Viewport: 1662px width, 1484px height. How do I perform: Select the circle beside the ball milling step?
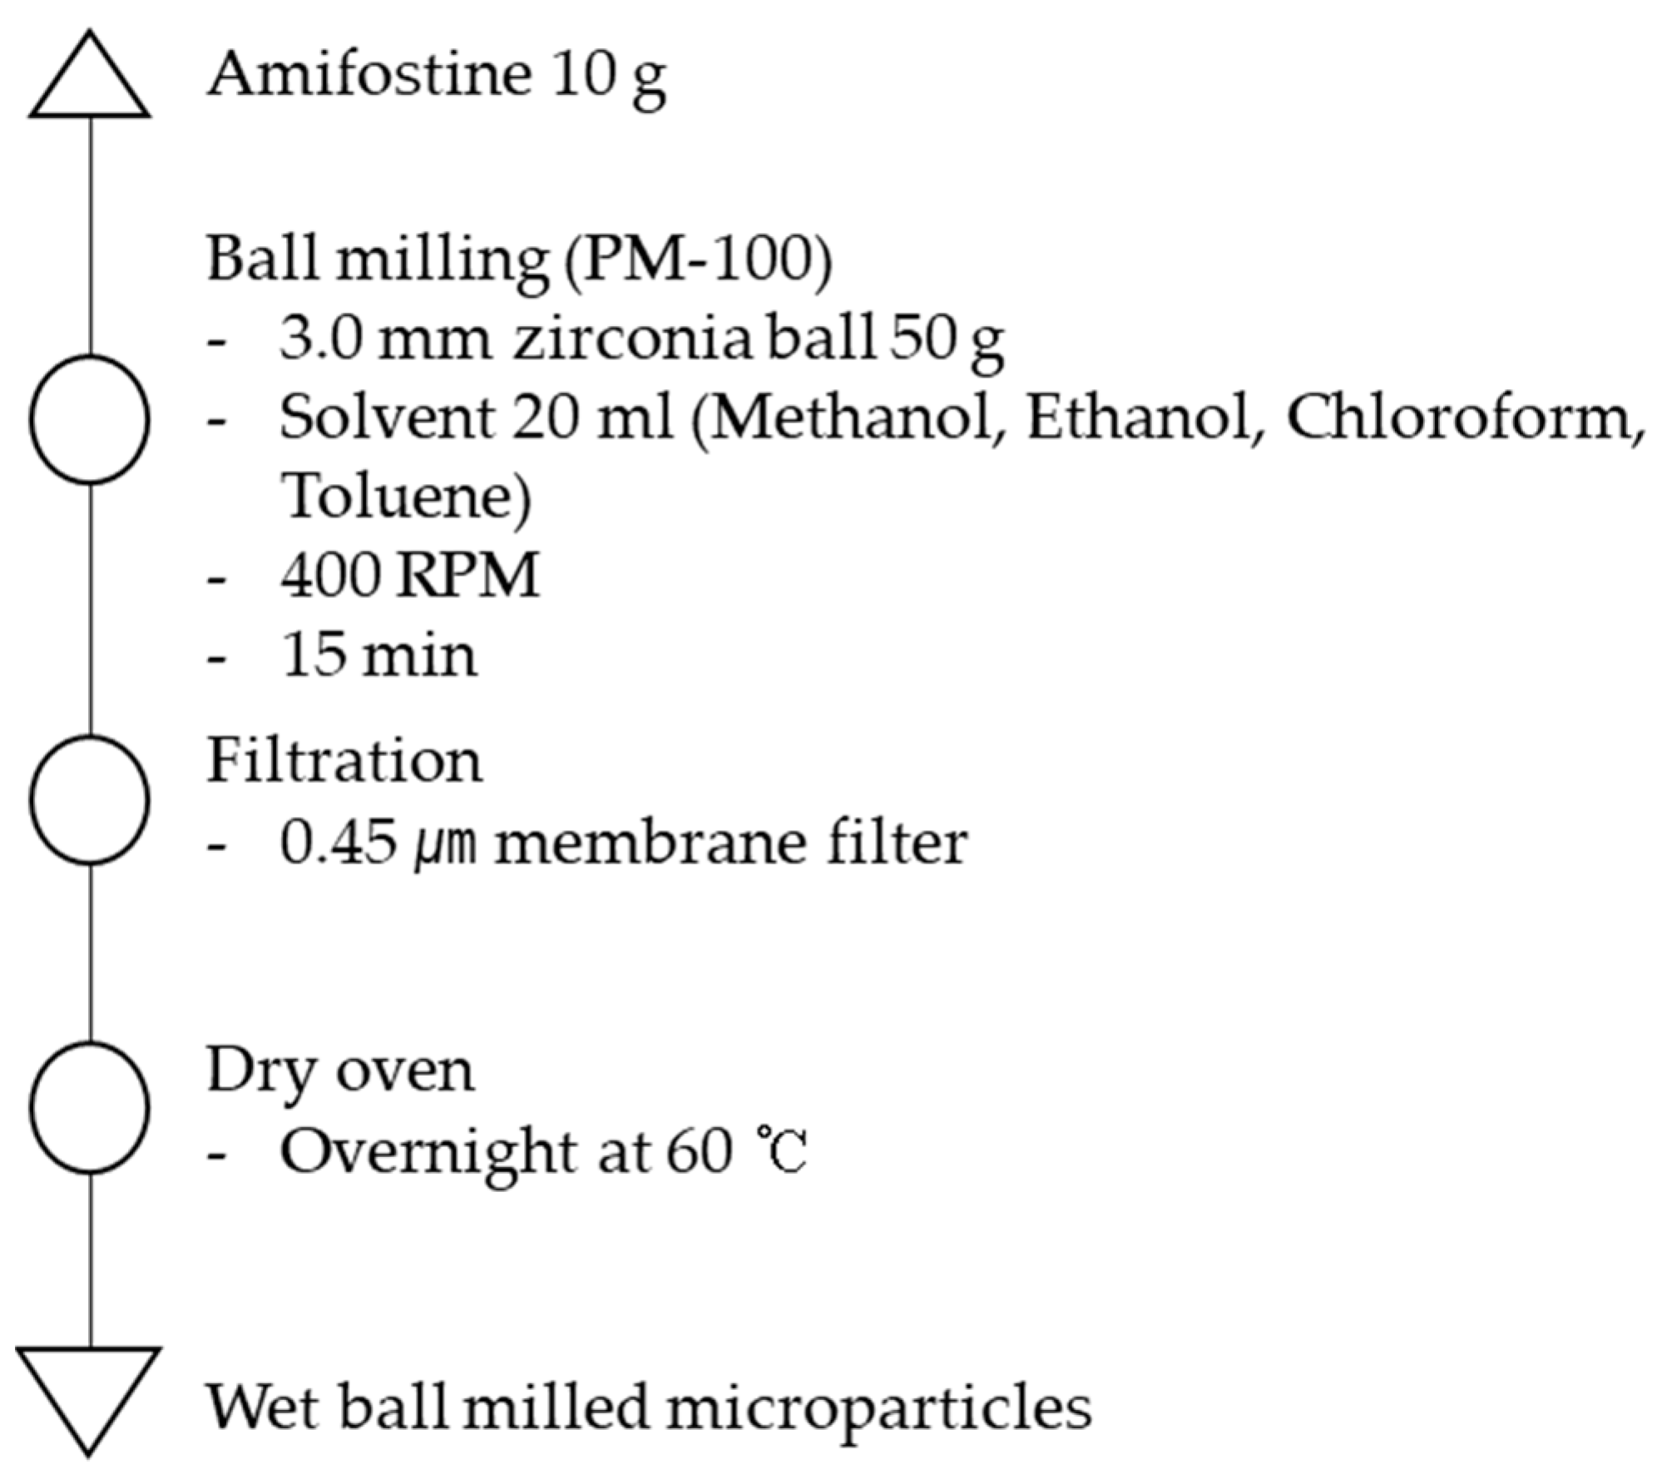(90, 419)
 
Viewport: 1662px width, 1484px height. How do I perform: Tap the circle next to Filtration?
(90, 799)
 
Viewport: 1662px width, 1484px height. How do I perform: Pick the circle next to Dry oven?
(90, 1107)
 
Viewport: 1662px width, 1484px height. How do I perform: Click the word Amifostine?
(369, 75)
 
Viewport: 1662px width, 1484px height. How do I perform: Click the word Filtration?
(344, 761)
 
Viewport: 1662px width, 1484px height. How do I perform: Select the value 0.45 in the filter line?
(338, 843)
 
